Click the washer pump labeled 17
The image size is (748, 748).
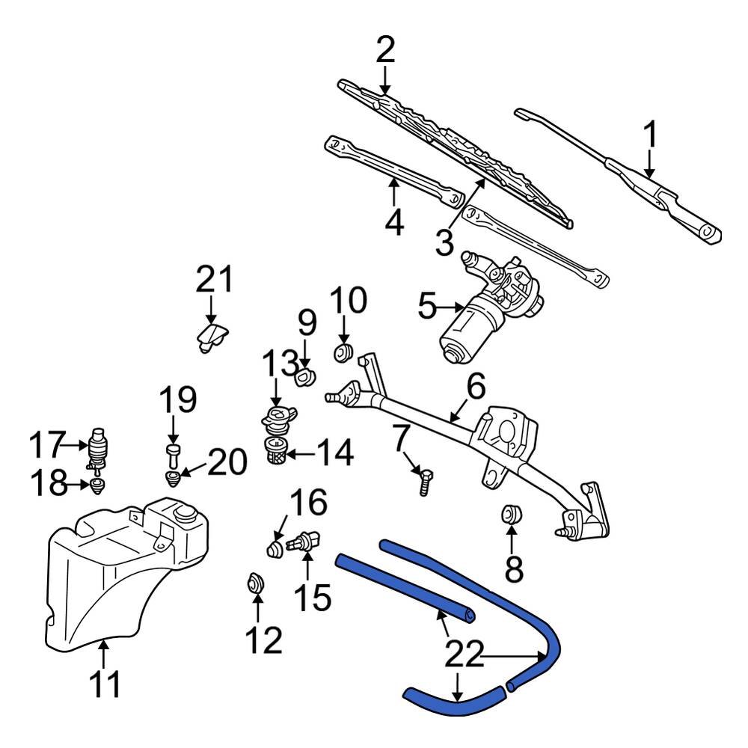point(98,447)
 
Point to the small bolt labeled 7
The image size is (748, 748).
point(424,478)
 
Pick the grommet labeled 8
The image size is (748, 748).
point(511,515)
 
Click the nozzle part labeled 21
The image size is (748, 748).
point(210,336)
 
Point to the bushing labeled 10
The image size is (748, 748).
point(343,352)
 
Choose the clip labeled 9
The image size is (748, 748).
point(305,378)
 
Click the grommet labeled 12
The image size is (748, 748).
point(256,583)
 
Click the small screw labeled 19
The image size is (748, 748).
point(173,451)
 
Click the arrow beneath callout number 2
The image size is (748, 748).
point(384,78)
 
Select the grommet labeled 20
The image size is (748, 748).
point(173,476)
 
